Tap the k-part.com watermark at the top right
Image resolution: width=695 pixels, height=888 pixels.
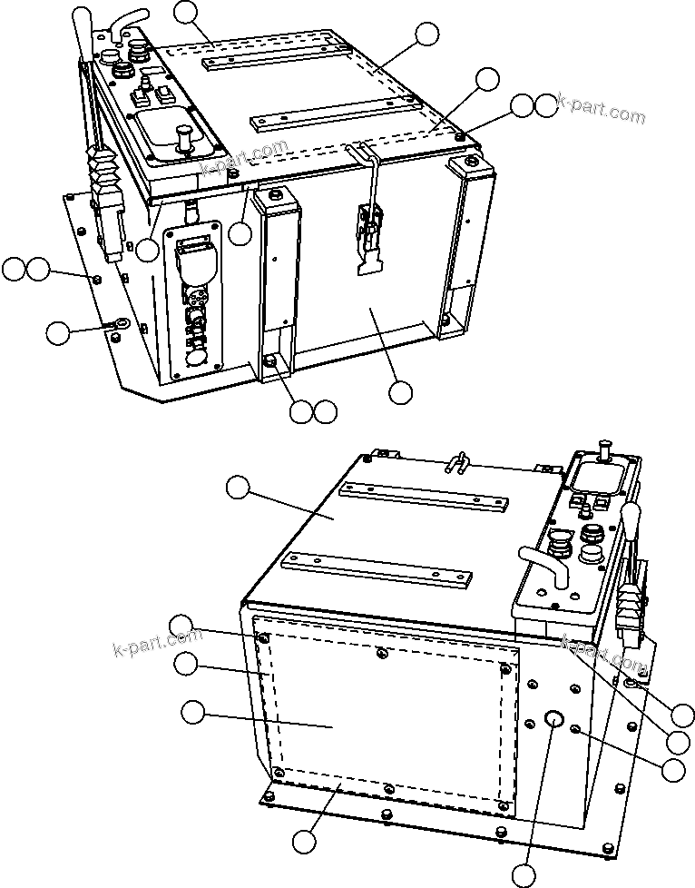point(600,109)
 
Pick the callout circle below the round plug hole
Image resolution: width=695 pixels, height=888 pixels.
point(524,874)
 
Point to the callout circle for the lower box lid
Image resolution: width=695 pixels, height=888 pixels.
point(239,488)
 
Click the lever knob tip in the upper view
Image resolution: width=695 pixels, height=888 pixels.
point(83,18)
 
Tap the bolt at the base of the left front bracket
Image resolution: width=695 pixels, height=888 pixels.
point(269,362)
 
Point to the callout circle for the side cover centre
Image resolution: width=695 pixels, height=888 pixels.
point(192,713)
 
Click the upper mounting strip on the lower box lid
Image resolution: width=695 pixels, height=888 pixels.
point(422,497)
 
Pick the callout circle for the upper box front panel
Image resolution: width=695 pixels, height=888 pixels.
point(399,393)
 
